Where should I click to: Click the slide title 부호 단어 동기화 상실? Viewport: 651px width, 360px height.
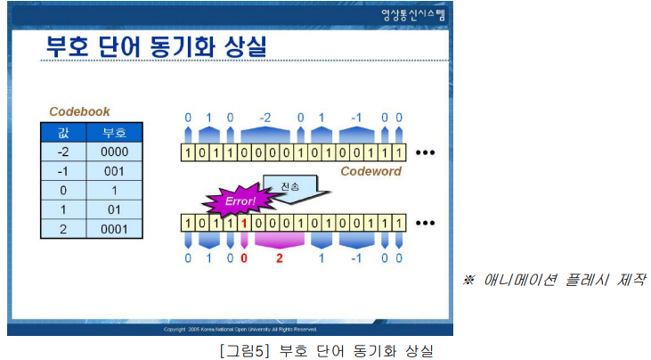(157, 47)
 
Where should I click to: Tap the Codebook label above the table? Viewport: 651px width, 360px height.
(79, 112)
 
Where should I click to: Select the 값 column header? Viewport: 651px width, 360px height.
(62, 134)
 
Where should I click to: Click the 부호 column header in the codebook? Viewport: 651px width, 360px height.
(114, 134)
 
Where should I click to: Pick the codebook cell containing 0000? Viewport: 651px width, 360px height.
(114, 153)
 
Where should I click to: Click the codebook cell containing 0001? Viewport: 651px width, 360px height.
(114, 229)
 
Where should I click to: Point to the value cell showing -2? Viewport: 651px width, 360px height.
(62, 153)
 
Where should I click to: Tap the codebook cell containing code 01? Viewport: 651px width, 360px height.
(114, 210)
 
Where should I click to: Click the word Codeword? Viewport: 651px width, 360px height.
(370, 171)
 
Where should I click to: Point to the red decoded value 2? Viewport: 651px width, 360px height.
(279, 258)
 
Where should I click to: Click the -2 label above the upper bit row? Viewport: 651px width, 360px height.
(264, 117)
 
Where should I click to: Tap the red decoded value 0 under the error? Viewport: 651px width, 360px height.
(243, 258)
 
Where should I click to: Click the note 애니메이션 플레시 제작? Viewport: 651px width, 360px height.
(554, 280)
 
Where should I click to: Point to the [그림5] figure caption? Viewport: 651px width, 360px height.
(326, 349)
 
